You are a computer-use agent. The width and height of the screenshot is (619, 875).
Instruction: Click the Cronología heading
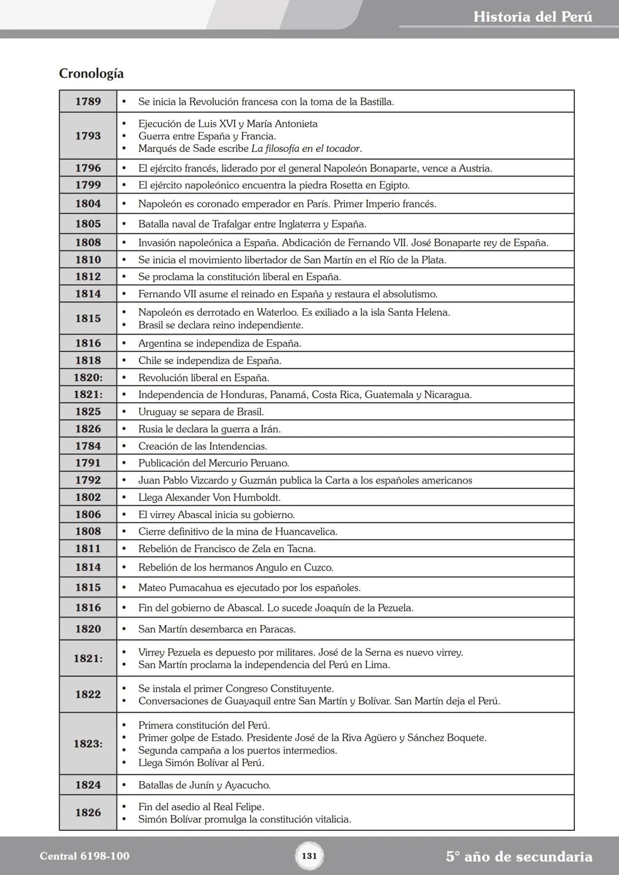click(91, 74)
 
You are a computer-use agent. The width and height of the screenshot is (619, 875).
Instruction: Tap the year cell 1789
click(88, 101)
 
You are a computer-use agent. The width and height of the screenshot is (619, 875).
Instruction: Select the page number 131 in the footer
click(309, 856)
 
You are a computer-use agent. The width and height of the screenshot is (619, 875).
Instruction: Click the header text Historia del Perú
click(532, 17)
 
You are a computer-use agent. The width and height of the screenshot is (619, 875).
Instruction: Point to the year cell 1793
click(88, 136)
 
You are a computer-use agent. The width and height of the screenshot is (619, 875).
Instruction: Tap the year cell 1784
click(88, 446)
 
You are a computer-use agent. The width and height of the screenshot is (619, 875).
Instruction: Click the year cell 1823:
click(88, 744)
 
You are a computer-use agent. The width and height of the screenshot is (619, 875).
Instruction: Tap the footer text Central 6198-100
click(84, 856)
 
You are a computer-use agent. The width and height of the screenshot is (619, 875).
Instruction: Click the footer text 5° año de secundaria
click(519, 857)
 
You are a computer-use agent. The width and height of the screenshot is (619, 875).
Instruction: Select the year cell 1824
click(88, 785)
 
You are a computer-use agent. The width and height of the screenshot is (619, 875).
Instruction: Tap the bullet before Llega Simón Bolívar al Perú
click(123, 763)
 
